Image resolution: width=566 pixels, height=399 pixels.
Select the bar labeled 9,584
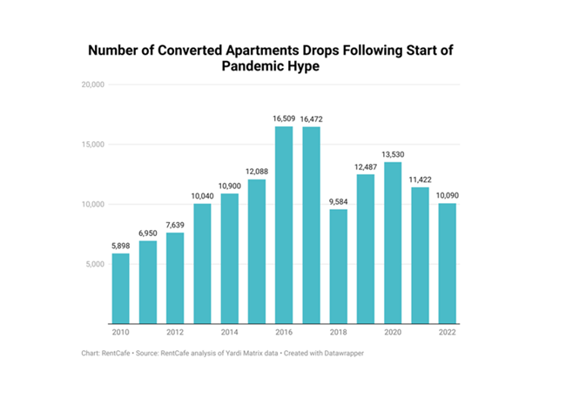point(338,266)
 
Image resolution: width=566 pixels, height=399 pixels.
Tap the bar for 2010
point(120,288)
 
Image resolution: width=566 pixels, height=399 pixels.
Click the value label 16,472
point(311,118)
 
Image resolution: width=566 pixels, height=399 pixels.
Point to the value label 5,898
point(120,245)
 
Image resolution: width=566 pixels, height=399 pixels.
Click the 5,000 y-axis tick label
point(94,264)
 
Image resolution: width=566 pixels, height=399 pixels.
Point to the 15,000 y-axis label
point(92,145)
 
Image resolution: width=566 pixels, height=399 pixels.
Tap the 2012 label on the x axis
point(175,333)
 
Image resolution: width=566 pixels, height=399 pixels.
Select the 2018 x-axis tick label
point(338,333)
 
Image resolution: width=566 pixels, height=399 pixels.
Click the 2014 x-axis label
point(229,333)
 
